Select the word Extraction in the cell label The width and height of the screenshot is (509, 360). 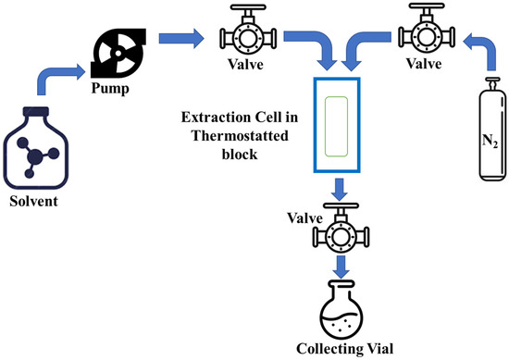point(212,118)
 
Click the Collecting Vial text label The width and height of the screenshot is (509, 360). point(343,350)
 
